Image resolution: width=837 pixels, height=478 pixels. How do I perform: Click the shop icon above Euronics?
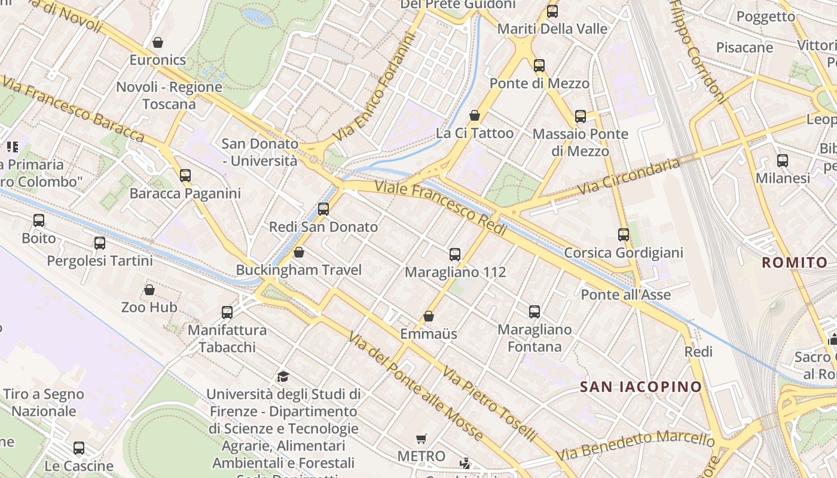pos(158,42)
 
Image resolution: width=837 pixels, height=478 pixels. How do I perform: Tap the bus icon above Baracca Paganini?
pos(185,175)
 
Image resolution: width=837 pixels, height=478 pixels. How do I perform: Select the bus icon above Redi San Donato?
pos(323,209)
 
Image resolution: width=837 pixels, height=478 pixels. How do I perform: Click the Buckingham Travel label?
pos(298,270)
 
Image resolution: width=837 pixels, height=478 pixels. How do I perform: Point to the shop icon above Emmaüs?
pos(429,316)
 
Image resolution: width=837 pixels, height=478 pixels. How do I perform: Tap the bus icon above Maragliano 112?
pos(455,255)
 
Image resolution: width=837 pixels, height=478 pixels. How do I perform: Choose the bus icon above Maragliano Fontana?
pos(534,311)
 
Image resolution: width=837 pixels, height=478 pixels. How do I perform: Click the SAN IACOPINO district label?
pos(641,387)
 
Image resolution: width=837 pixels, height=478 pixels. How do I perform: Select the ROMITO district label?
pos(795,262)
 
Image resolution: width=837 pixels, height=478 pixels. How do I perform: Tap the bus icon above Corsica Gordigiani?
pos(624,235)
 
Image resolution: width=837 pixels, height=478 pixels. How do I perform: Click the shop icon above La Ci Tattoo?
pos(475,115)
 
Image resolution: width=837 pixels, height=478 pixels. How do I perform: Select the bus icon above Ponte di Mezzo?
pos(539,65)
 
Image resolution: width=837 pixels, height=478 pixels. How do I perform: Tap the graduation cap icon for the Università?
pos(283,376)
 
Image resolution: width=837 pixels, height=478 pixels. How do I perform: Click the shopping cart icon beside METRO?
pos(421,439)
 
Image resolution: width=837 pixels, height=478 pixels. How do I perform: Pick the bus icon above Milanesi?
pos(783,160)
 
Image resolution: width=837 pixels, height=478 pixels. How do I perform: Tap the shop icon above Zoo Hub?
pos(149,290)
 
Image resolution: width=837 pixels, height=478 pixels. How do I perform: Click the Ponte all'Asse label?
pos(625,295)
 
